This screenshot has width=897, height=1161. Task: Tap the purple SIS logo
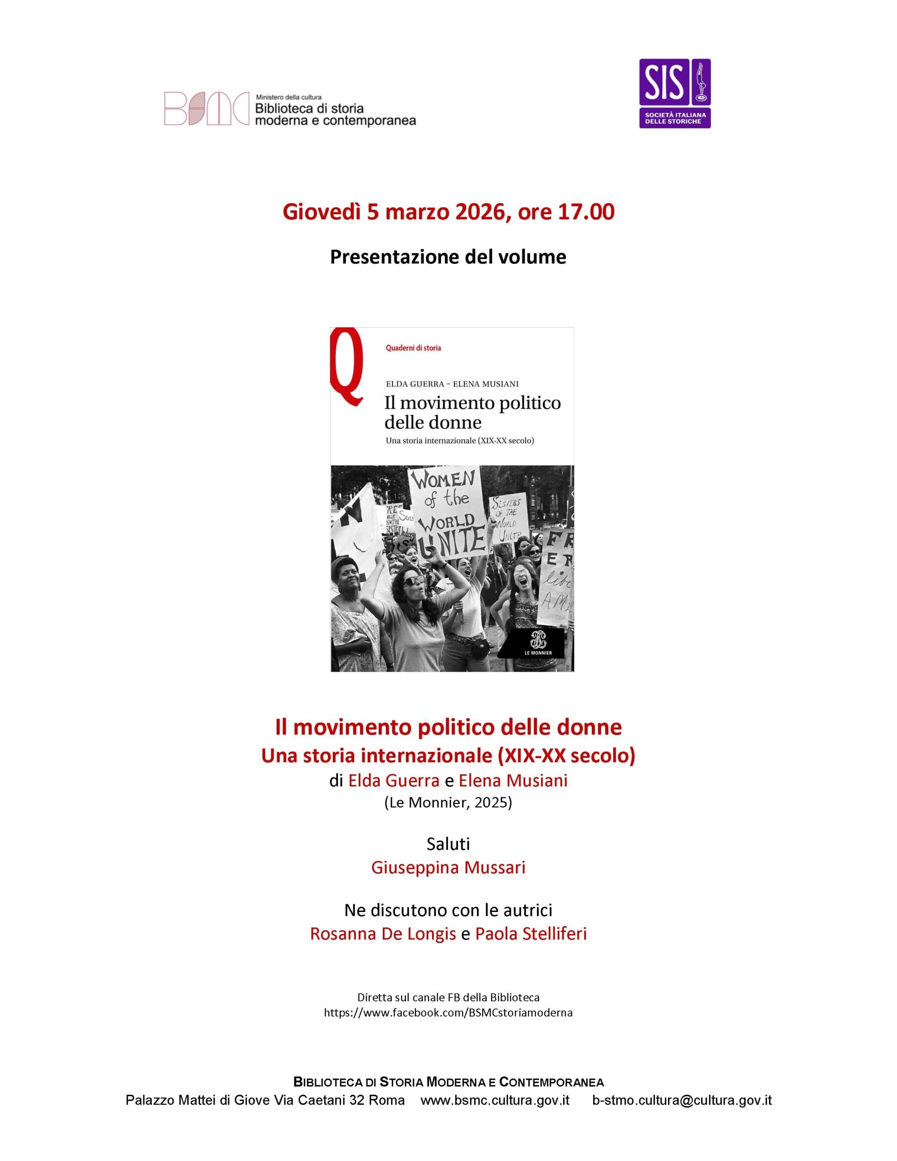coord(674,93)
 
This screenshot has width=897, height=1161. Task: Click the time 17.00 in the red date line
coord(586,212)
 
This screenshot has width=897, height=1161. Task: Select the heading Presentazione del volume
coord(448,257)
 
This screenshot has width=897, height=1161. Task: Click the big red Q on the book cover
coord(347,366)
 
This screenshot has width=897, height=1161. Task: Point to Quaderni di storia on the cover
coord(413,348)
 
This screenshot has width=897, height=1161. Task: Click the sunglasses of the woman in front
coord(410,581)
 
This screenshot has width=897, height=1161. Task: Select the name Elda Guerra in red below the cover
coord(394,781)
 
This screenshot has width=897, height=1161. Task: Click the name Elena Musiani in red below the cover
coord(513,781)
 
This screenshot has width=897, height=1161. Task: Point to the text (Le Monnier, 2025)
coord(448,802)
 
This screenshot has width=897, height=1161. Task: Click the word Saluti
coord(448,844)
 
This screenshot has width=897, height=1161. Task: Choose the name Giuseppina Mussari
coord(448,868)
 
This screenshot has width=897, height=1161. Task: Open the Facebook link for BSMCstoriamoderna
coord(448,1013)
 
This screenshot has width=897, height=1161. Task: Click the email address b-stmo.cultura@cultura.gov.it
coord(682,1100)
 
